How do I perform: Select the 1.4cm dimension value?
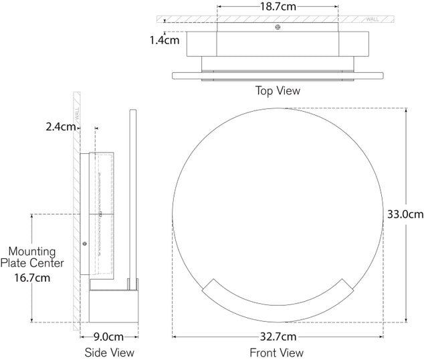pos(165,39)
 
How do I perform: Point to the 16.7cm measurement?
pos(32,276)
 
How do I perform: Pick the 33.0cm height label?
pos(405,215)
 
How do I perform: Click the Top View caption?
pos(278,90)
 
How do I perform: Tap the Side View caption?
pos(110,352)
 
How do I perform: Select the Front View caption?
pos(276,352)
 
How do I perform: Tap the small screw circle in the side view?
pos(84,244)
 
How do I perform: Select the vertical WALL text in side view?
pos(77,113)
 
